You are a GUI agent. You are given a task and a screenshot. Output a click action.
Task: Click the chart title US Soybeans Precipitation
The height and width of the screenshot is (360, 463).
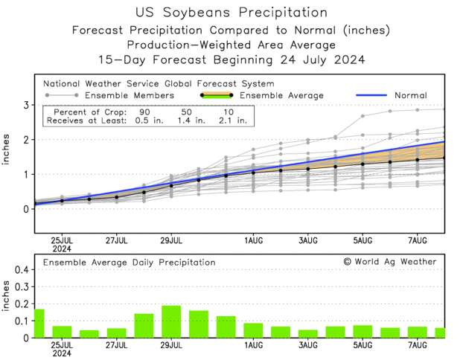pyautogui.click(x=231, y=13)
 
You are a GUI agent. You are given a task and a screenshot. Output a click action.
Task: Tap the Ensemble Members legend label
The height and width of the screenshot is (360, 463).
pyautogui.click(x=130, y=95)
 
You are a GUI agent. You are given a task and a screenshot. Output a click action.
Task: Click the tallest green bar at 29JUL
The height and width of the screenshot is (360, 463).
pyautogui.click(x=171, y=322)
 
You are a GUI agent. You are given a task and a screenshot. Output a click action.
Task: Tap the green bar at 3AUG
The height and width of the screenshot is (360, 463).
pyautogui.click(x=308, y=334)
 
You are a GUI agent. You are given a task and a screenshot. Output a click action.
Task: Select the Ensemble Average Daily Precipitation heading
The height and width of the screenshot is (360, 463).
pyautogui.click(x=129, y=263)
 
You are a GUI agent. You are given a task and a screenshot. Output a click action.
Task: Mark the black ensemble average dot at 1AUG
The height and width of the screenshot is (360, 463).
pyautogui.click(x=253, y=172)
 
